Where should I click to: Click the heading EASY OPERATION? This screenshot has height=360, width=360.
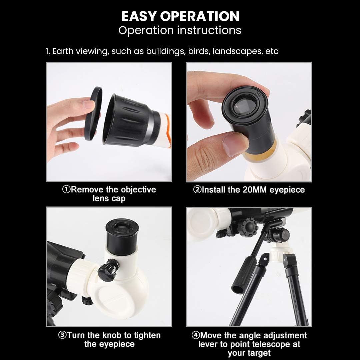(180, 16)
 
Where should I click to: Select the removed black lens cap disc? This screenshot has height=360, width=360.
(93, 114)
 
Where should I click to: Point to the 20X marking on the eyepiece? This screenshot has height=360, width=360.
(258, 94)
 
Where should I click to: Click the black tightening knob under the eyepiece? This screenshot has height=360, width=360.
(108, 269)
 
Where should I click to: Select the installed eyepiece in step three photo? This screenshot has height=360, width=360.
(122, 236)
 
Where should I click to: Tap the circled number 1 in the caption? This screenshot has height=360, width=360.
(66, 190)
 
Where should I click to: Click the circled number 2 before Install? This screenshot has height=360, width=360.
(197, 190)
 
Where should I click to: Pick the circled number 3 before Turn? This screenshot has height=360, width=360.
(62, 335)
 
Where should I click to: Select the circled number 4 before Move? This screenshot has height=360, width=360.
(195, 335)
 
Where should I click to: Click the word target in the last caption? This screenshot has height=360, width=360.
(258, 353)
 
